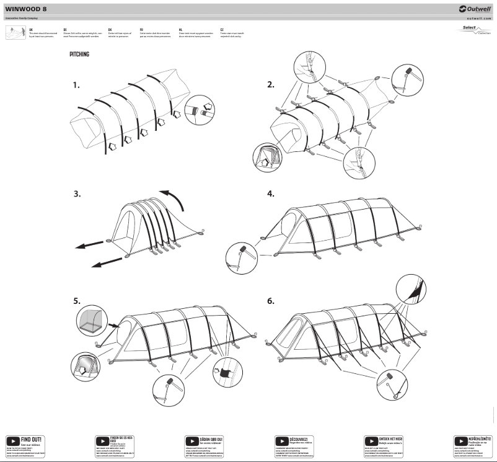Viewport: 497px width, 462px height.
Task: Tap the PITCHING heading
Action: [79, 55]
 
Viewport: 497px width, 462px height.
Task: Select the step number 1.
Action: [76, 86]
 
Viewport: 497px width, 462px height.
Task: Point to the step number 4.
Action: [270, 193]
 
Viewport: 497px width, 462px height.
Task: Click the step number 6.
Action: [270, 301]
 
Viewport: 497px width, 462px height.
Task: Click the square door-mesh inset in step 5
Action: [88, 321]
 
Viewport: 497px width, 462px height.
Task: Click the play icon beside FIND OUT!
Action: [13, 442]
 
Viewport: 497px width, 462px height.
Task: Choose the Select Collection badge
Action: [476, 30]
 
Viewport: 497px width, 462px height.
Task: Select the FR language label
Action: [142, 29]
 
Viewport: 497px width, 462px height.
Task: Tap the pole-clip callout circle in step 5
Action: [224, 373]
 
